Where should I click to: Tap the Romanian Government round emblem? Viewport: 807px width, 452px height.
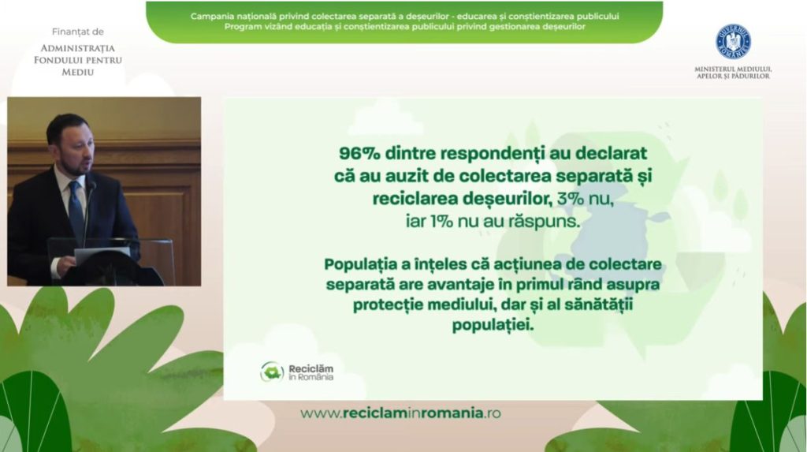[x=733, y=42]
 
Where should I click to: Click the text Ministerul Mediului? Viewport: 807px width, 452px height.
[x=733, y=69]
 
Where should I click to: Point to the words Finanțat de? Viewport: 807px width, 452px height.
[x=78, y=32]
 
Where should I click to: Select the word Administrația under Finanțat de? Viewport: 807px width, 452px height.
[x=78, y=48]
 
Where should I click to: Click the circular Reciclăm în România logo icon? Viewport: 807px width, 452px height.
[x=272, y=372]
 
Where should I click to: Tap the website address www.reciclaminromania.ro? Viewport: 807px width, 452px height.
[x=400, y=413]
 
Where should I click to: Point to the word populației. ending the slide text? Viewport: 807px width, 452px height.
[x=493, y=326]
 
